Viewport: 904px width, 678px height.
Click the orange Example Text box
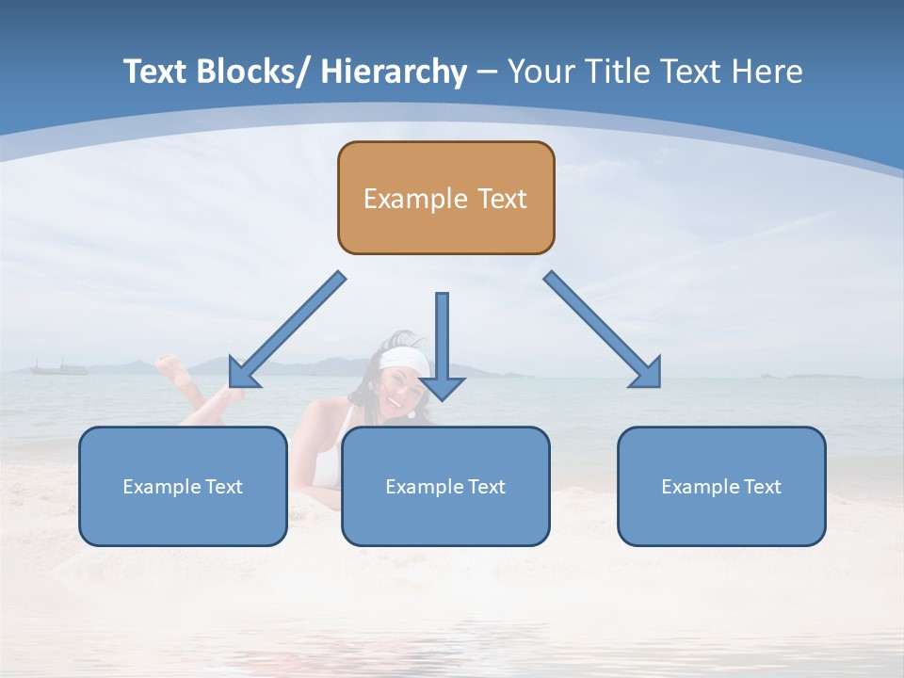click(445, 198)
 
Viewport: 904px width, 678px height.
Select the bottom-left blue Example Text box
click(183, 486)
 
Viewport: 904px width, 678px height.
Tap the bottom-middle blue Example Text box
click(445, 486)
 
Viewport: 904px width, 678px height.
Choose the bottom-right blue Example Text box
click(721, 486)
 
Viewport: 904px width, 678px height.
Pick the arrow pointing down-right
click(603, 330)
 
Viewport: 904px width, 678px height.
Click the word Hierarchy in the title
click(394, 72)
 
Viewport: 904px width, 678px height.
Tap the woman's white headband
click(405, 359)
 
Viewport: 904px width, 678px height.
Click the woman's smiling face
click(402, 386)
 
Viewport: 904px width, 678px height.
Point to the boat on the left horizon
click(58, 367)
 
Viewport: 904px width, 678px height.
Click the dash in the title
click(487, 72)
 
